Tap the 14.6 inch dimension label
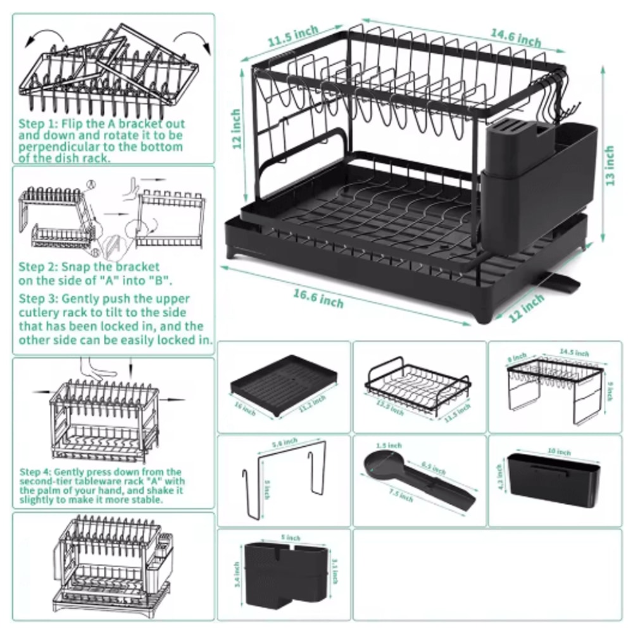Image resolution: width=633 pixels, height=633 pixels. click(516, 37)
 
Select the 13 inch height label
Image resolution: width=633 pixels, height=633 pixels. click(609, 166)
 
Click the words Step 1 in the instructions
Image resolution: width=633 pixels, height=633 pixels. click(37, 124)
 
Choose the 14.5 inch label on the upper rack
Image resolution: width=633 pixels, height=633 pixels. click(573, 353)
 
